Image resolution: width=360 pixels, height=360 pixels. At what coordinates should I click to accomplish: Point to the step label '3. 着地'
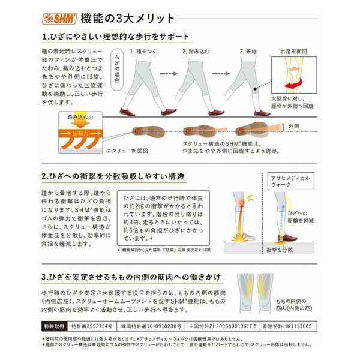(248, 52)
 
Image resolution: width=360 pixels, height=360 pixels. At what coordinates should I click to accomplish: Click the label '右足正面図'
(298, 52)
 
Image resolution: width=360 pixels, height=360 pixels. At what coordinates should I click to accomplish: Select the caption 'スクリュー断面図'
(127, 152)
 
